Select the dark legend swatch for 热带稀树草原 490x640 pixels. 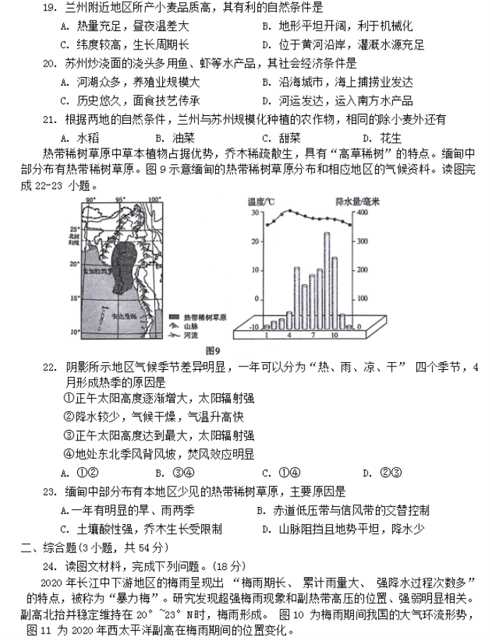pos(173,318)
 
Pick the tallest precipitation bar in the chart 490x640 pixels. pos(327,279)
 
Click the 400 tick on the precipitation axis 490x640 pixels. pos(363,212)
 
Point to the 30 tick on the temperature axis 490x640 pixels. pos(254,212)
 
